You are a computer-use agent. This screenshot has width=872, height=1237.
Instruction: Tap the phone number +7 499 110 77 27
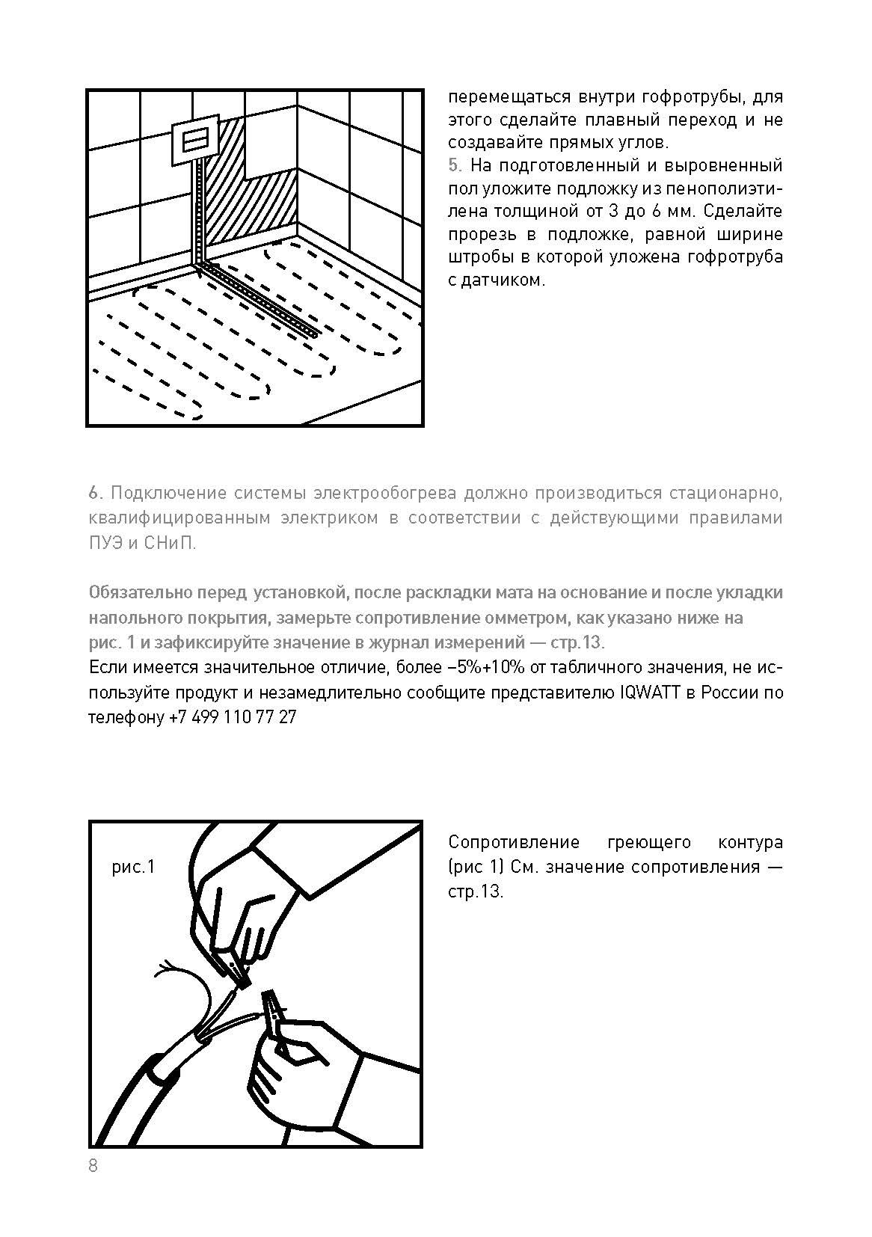(233, 717)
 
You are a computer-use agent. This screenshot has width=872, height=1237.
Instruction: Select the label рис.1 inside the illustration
(133, 867)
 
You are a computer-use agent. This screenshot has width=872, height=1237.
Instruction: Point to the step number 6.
(93, 493)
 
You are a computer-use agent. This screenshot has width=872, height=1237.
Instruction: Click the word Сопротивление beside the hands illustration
(515, 843)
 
